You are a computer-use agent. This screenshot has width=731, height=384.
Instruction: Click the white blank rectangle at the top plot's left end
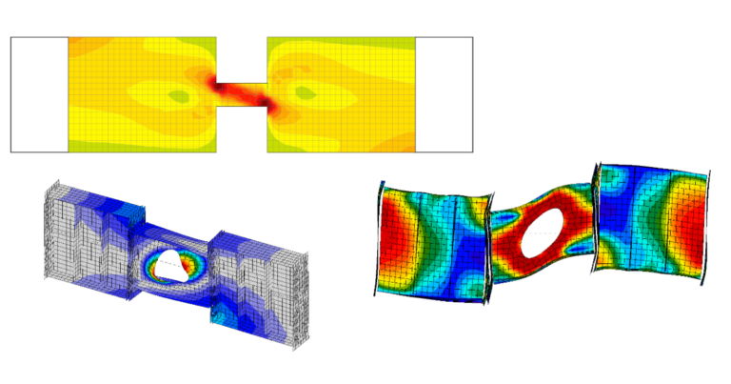(x=39, y=94)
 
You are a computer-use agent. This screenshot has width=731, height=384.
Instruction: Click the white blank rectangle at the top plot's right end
(x=444, y=94)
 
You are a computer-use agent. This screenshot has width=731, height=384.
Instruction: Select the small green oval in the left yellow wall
(x=177, y=95)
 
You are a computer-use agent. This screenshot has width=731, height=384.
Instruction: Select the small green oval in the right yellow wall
(x=305, y=93)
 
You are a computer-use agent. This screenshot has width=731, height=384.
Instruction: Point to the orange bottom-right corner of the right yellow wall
(x=404, y=144)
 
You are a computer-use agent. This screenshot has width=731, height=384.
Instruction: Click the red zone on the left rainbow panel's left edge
(x=392, y=238)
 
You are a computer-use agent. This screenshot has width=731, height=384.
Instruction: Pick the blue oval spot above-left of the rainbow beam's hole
(x=506, y=218)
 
